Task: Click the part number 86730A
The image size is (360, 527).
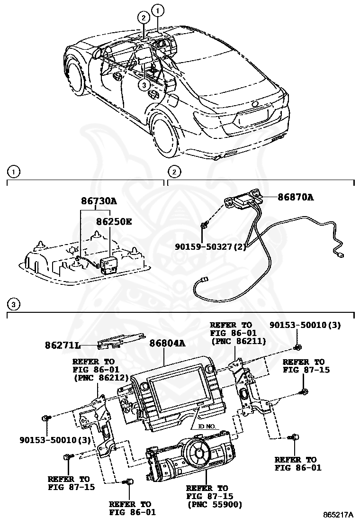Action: pyautogui.click(x=99, y=201)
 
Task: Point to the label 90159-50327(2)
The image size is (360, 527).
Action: pyautogui.click(x=209, y=246)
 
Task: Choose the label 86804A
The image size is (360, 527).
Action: pyautogui.click(x=167, y=344)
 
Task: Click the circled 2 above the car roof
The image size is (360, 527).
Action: pyautogui.click(x=143, y=18)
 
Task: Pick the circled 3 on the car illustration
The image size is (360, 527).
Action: pyautogui.click(x=144, y=84)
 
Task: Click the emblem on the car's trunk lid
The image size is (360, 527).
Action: pyautogui.click(x=256, y=104)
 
